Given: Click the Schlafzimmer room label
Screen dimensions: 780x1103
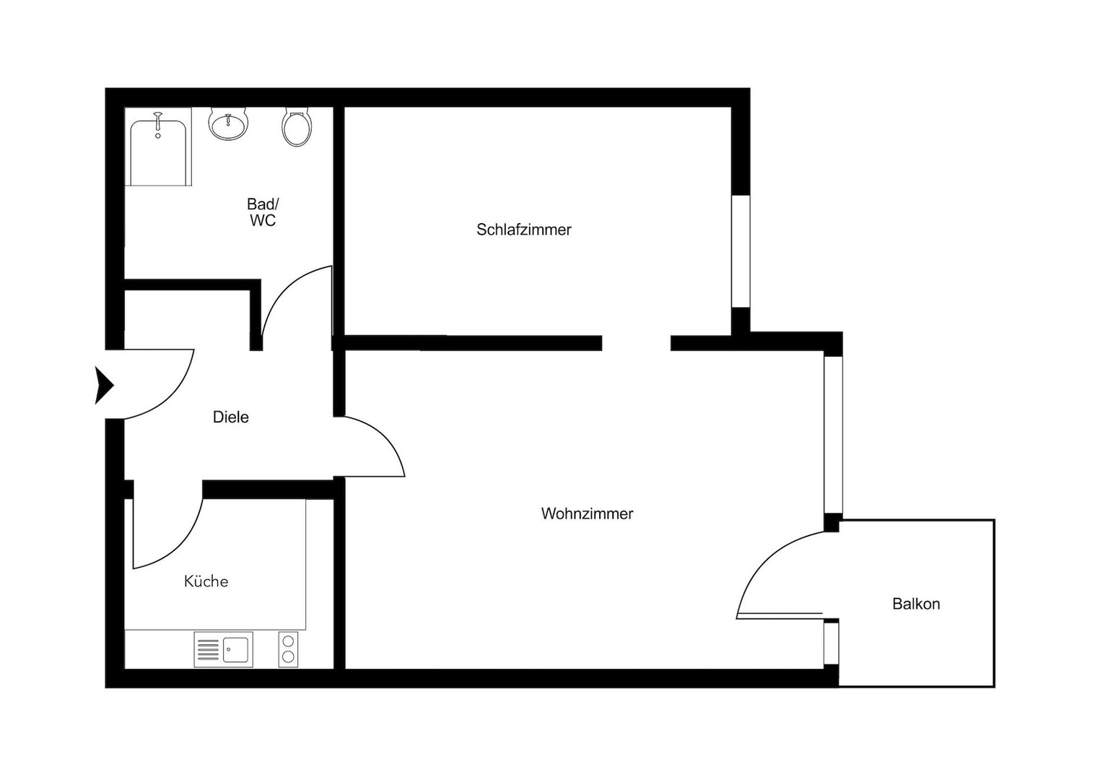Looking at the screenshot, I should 523,230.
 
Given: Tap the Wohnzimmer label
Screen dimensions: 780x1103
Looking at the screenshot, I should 587,513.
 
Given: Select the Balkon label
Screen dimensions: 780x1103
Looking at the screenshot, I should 916,604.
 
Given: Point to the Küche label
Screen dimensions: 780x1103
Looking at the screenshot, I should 206,581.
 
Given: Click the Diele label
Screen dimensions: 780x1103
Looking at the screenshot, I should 230,417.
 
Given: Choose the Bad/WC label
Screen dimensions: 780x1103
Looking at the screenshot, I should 263,213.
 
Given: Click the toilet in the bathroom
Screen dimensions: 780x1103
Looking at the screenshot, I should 297,128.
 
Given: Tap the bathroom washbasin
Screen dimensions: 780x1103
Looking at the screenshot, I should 229,123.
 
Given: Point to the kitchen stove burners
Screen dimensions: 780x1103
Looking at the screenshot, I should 288,649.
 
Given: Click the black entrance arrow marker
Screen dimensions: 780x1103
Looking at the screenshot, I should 104,385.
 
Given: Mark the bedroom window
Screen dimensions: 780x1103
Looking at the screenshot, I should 741,251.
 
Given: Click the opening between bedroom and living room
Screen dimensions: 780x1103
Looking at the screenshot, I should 636,343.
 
